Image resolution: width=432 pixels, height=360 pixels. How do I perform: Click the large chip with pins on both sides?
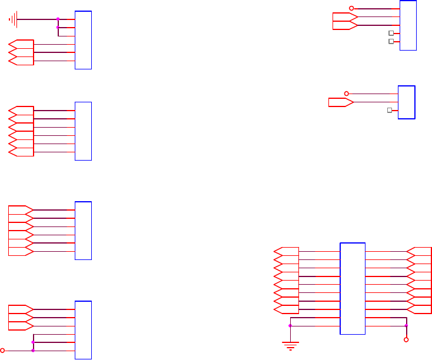pos(353,288)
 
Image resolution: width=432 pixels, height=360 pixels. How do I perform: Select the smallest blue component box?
pos(407,102)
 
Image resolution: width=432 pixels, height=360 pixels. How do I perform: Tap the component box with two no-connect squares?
pos(408,25)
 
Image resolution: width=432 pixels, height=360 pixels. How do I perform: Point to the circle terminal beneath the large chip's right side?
pos(406,340)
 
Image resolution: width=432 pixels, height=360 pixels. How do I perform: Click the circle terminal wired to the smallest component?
pos(347,94)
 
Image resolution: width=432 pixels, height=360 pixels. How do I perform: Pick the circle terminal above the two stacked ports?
pos(352,8)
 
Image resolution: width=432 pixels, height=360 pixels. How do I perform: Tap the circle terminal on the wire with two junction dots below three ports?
pos(2,350)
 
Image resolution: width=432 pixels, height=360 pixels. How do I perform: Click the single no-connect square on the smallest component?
pos(389,111)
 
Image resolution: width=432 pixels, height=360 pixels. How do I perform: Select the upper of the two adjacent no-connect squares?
pos(391,34)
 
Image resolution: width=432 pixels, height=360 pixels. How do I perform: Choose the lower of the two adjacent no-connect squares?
pos(391,42)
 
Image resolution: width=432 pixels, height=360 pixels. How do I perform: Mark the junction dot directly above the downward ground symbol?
pos(290,325)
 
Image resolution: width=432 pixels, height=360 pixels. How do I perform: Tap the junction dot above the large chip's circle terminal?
pos(406,325)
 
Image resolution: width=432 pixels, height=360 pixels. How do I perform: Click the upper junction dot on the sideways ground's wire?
pos(58,19)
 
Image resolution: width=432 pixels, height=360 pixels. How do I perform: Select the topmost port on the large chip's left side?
pos(287,251)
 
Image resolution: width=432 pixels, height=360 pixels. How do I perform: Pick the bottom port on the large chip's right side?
pos(420,309)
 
